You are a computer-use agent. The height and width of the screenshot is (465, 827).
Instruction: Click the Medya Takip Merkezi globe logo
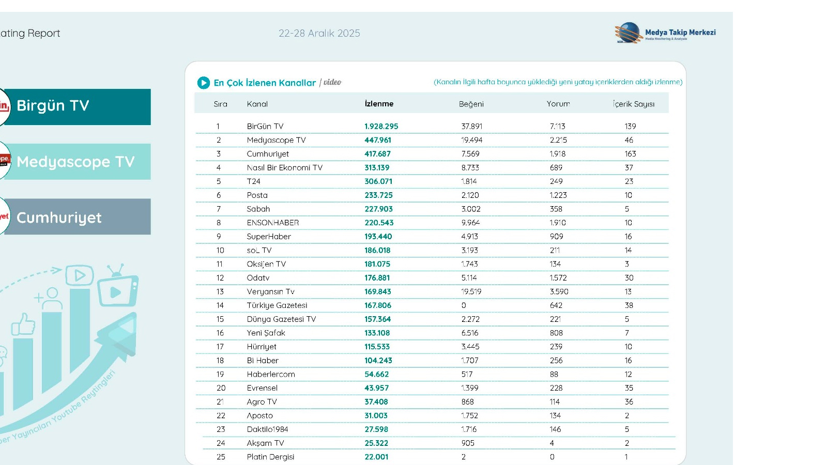click(629, 33)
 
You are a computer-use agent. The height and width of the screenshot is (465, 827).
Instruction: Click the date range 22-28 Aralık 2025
click(319, 33)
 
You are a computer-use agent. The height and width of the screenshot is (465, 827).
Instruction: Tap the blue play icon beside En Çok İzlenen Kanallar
click(203, 83)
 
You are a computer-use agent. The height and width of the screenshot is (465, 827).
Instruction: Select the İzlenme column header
click(379, 104)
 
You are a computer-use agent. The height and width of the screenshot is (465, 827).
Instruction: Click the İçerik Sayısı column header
click(634, 104)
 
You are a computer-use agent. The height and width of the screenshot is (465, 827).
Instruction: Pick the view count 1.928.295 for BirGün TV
click(381, 126)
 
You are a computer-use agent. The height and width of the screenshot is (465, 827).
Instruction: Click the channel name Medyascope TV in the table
click(276, 140)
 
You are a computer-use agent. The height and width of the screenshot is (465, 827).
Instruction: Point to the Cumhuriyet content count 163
click(630, 154)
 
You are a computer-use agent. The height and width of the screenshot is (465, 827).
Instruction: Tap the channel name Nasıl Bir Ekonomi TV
click(284, 167)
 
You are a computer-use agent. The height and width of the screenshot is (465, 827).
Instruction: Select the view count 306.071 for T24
click(378, 181)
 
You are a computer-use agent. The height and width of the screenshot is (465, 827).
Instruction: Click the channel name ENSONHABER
click(273, 223)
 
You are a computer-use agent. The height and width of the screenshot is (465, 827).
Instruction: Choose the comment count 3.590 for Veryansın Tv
click(559, 291)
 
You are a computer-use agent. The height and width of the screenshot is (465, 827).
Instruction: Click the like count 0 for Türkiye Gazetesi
click(464, 305)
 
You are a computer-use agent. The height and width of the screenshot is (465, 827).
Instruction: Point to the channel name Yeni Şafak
click(266, 333)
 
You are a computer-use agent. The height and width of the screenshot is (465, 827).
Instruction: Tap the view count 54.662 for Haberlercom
click(376, 374)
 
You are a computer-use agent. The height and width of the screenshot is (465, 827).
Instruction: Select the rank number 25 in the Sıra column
click(221, 457)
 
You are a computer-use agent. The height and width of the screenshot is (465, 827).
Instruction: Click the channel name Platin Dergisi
click(270, 457)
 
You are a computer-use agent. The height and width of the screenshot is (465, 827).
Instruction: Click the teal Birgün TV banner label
click(78, 106)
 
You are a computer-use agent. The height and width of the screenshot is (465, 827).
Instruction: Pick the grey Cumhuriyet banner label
click(78, 217)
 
